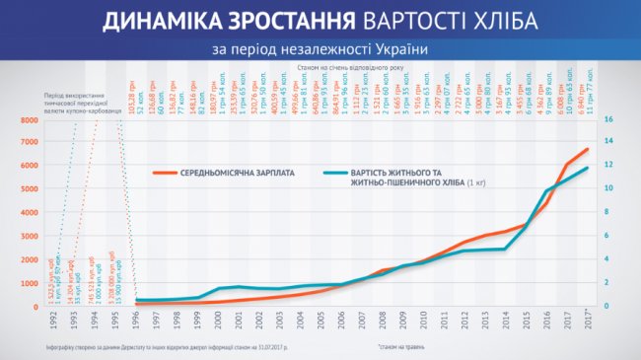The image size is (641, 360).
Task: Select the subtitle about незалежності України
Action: coord(320,48)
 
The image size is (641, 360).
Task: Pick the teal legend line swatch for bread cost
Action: coord(338,174)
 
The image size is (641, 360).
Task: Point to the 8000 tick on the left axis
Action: coord(29,120)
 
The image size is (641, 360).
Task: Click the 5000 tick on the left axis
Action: coord(29,189)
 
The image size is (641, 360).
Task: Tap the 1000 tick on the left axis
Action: coord(29,283)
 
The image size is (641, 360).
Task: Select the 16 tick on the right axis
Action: coord(608,120)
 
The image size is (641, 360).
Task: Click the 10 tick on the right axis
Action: coord(608,189)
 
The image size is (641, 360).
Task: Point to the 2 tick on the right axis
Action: coord(607,283)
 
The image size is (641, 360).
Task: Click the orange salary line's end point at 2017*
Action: coord(589,149)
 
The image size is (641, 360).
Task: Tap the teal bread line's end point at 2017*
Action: coord(589,168)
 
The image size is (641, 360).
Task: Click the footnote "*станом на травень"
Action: coord(405,348)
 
